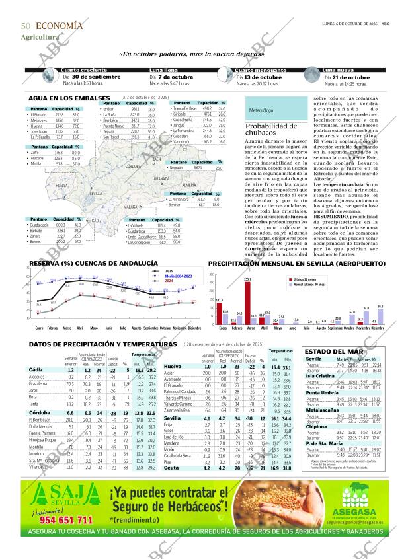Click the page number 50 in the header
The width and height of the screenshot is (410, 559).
coord(26,26)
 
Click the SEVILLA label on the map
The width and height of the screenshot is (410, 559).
coord(96,193)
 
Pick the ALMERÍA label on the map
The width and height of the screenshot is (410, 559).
coord(188,185)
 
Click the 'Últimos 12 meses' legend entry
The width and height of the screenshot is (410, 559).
coord(304,279)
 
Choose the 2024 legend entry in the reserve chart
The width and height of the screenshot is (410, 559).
coord(169,281)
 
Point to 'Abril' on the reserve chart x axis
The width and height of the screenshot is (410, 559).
coord(80,328)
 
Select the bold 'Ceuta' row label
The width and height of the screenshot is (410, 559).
coord(171,486)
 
